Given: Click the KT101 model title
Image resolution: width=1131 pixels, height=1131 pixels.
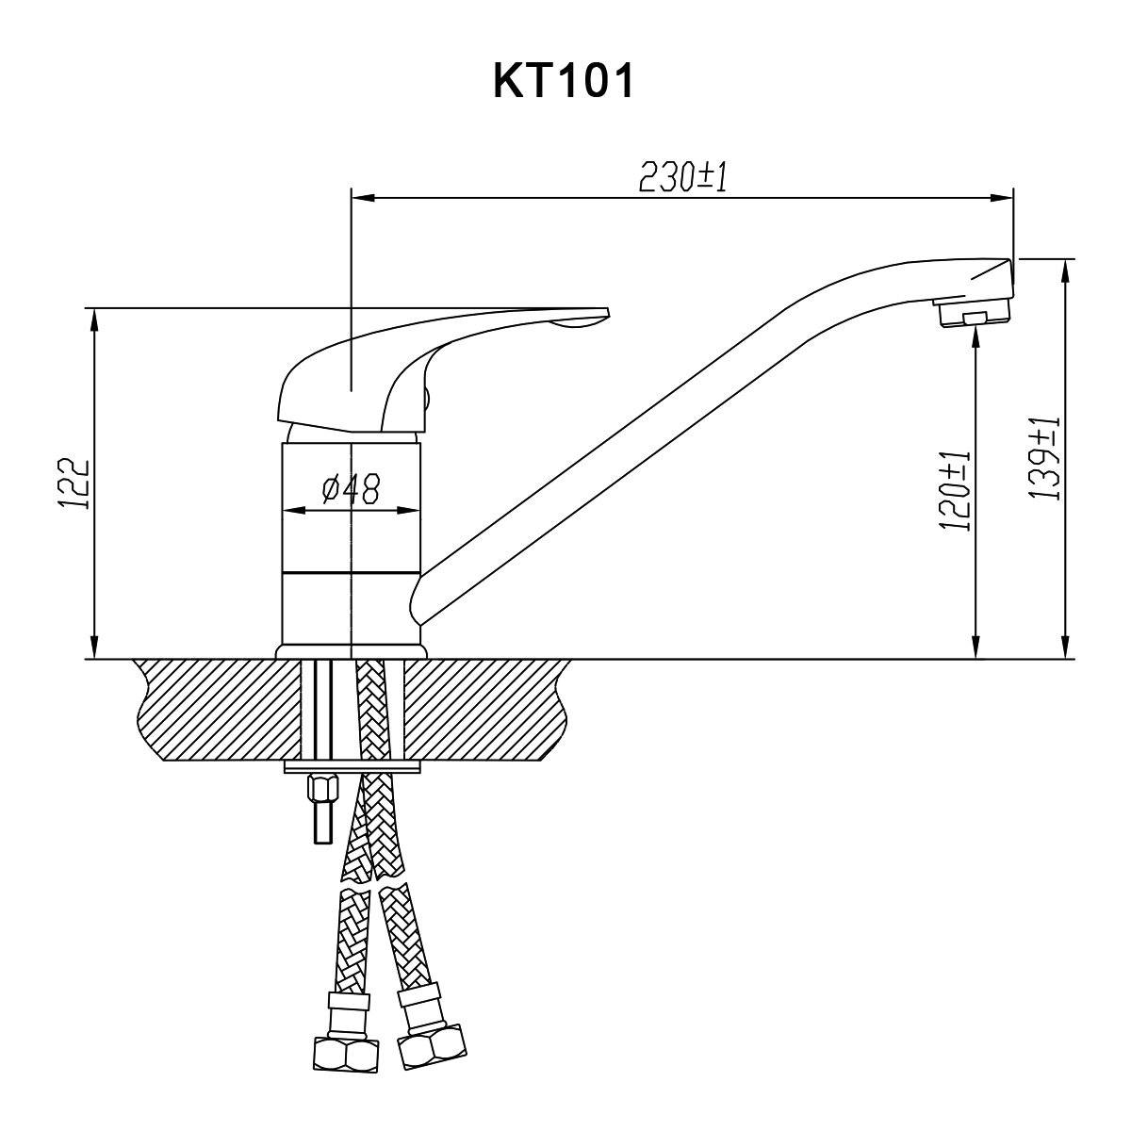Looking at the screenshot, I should click(564, 82).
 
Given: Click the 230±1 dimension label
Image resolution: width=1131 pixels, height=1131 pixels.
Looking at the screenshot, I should click(683, 177).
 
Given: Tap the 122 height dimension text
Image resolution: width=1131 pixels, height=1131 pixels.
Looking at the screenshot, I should click(74, 484).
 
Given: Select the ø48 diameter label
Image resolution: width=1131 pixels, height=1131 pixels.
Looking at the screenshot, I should click(351, 488).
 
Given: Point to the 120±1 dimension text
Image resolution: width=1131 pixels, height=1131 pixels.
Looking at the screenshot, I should click(956, 491).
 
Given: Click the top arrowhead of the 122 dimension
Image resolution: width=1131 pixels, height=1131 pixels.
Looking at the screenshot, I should click(94, 317).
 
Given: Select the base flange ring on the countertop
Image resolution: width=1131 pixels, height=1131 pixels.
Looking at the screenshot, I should click(351, 652).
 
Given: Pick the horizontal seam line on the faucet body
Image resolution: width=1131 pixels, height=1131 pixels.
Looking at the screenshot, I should click(351, 572).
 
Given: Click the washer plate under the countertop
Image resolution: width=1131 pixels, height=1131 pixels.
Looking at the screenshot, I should click(351, 768).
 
